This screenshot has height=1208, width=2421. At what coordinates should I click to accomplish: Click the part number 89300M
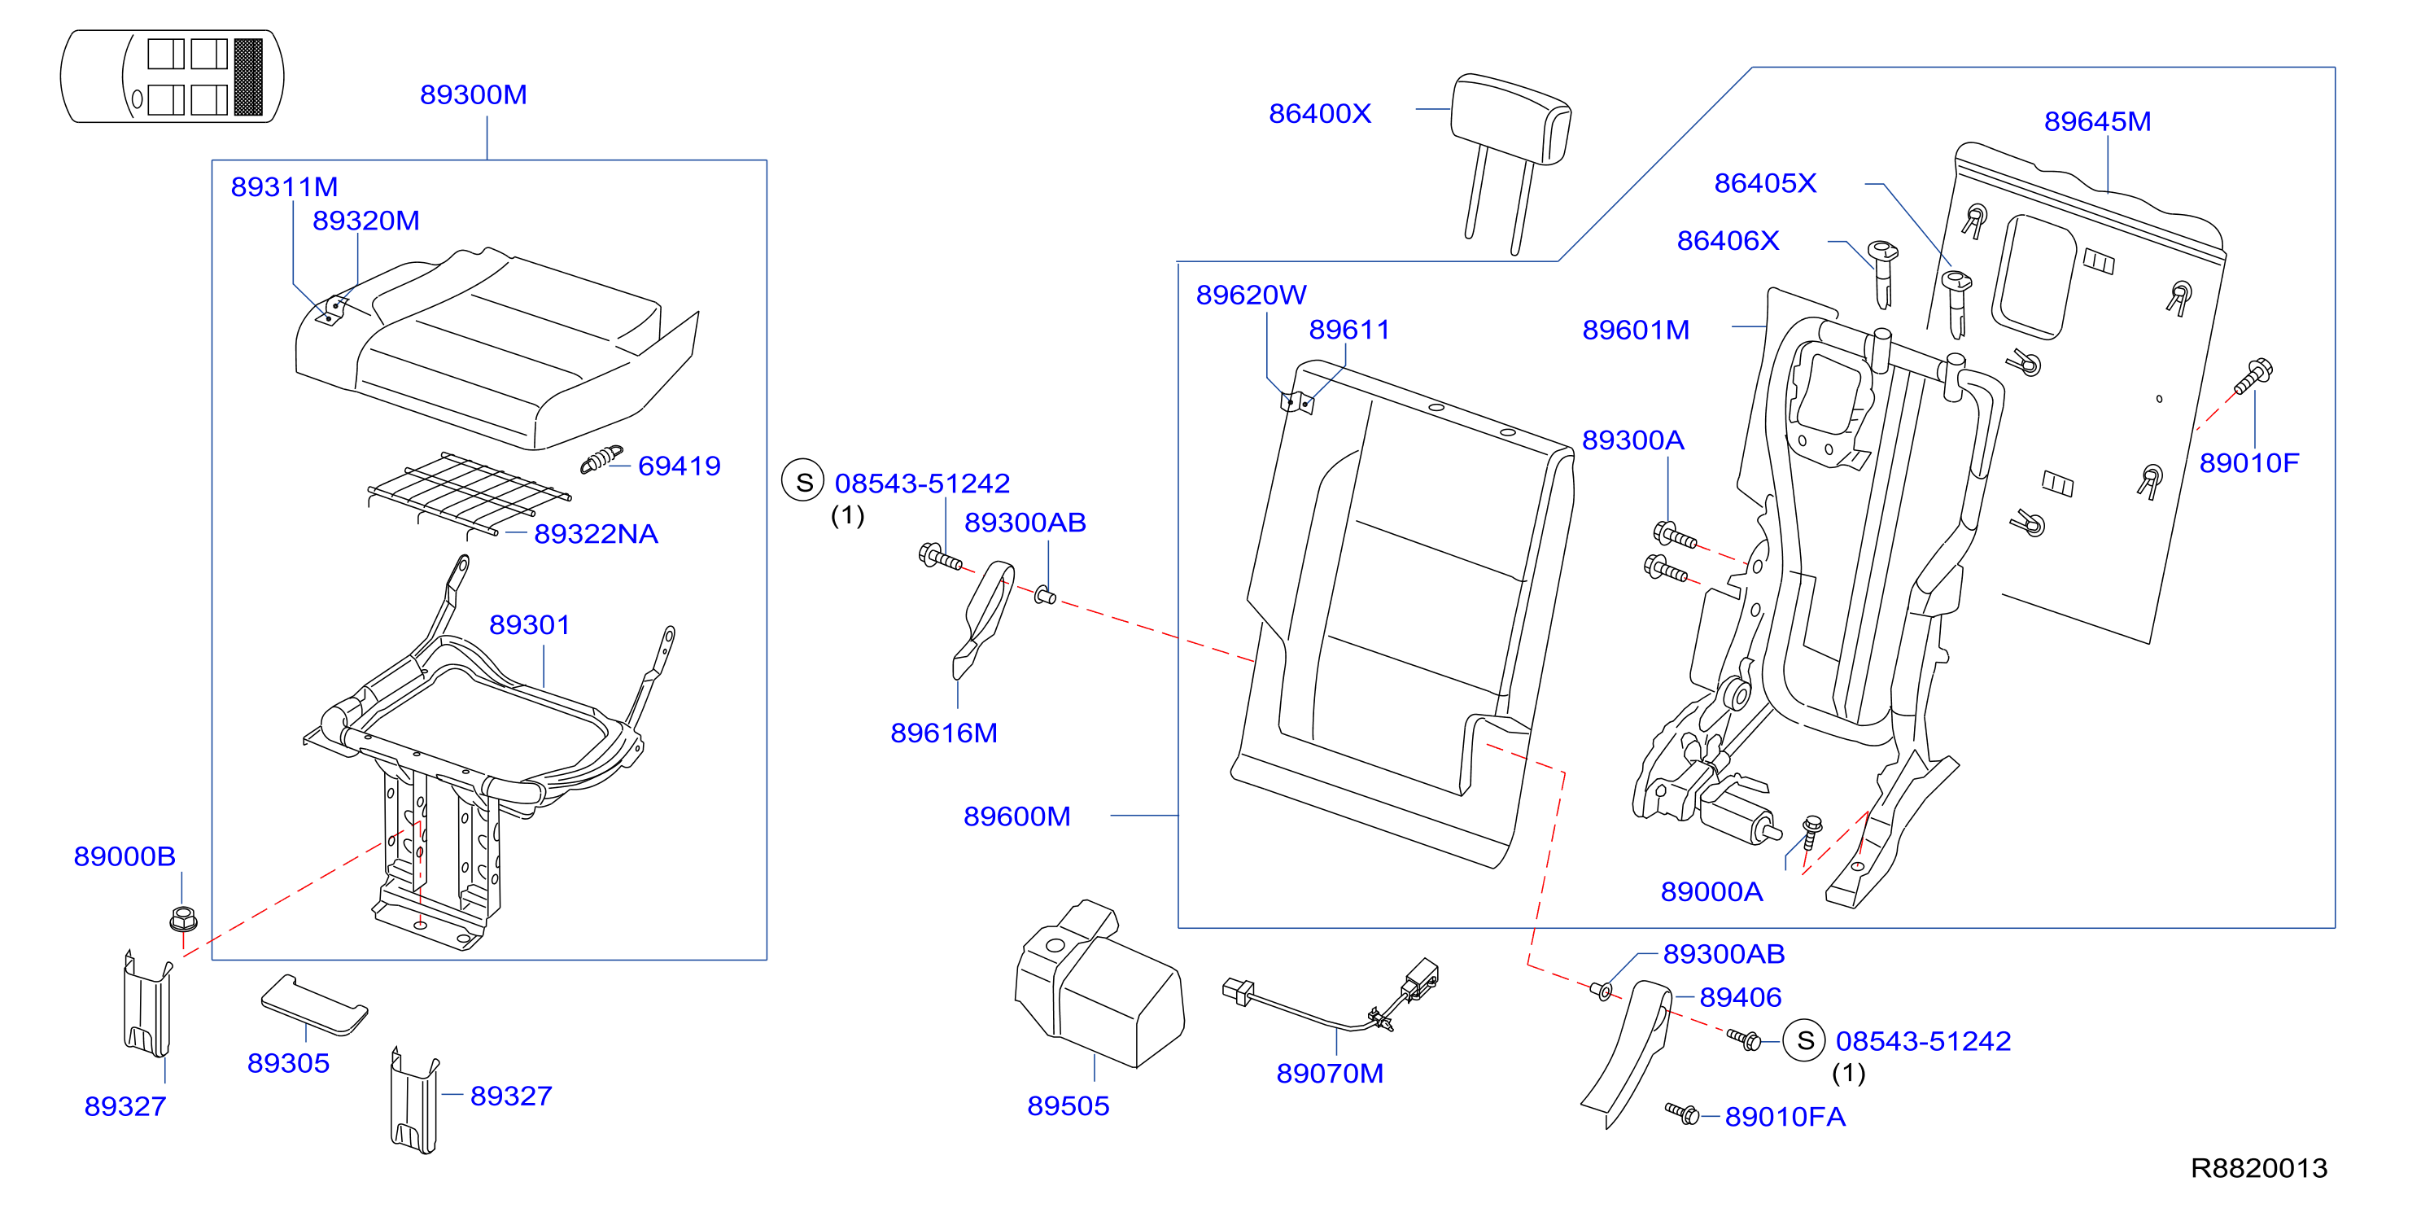click(x=473, y=95)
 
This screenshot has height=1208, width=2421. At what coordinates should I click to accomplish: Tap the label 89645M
click(x=2097, y=121)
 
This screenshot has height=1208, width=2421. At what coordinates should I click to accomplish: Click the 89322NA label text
click(x=596, y=534)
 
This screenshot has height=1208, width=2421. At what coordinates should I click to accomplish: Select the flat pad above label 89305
click(x=314, y=1005)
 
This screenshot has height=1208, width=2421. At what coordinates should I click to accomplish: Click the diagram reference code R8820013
click(x=2258, y=1167)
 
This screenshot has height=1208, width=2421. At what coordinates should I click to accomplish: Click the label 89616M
click(x=944, y=733)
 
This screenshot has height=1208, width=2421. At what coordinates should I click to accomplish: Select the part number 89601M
click(x=1636, y=330)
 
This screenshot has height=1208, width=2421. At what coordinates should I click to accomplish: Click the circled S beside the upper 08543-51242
click(x=803, y=481)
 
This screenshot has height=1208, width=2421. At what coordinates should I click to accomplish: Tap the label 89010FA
click(x=1785, y=1117)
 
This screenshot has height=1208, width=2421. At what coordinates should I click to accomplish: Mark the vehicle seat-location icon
click(x=172, y=77)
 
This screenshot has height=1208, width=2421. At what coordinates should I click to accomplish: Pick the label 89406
click(x=1741, y=997)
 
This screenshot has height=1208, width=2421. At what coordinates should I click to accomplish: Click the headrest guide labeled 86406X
click(x=1882, y=274)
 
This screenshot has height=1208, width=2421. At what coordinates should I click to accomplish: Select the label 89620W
click(x=1251, y=295)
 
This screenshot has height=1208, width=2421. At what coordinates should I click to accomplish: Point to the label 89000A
click(x=1711, y=892)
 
